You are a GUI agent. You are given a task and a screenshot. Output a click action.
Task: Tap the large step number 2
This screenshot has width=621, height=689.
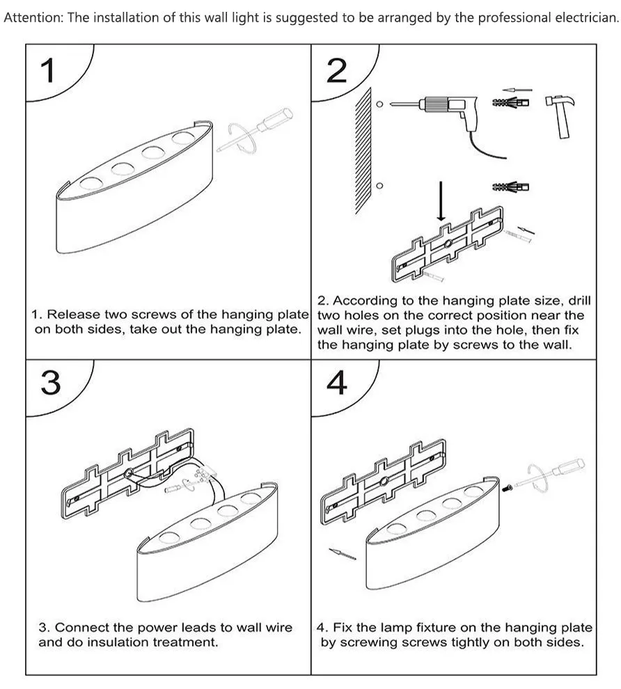tap(337, 71)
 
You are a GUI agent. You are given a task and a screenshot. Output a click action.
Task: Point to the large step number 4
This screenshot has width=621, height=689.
tap(337, 383)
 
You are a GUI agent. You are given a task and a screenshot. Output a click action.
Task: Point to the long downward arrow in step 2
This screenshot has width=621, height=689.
tap(441, 200)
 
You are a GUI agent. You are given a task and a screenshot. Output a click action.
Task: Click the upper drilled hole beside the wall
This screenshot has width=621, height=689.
tap(379, 104)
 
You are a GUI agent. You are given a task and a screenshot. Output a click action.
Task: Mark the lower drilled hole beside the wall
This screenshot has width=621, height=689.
tap(379, 185)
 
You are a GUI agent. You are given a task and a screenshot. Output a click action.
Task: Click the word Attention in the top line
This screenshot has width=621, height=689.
tap(33, 17)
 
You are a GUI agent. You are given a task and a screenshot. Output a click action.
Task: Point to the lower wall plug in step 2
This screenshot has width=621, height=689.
tap(511, 187)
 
